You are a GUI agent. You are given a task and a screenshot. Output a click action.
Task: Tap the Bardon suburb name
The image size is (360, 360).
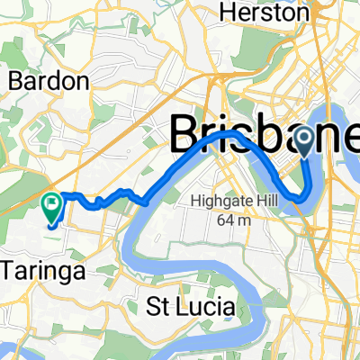[49, 82]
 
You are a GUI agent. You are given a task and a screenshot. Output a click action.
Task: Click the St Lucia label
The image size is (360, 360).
[192, 307]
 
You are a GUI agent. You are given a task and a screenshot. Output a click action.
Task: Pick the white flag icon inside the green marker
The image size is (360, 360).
[51, 203]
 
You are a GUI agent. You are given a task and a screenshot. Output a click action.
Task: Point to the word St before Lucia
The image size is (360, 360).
[159, 307]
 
